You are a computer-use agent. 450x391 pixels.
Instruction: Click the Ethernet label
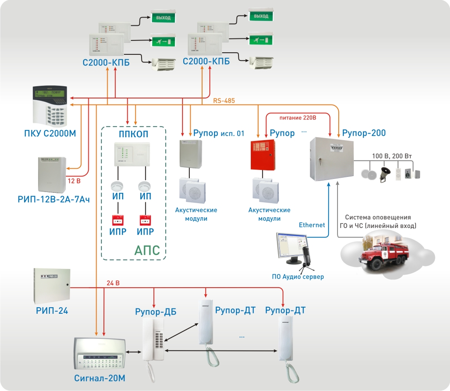pyautogui.click(x=312, y=225)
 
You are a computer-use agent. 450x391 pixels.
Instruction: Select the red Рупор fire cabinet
pyautogui.click(x=262, y=156)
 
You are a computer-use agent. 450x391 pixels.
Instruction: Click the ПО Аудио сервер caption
pyautogui.click(x=298, y=277)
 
